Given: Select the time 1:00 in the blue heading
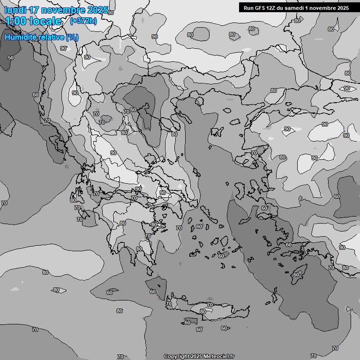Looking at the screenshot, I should [x=15, y=21].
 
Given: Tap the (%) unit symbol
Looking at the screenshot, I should [x=72, y=37].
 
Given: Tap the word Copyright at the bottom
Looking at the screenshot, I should [x=177, y=357].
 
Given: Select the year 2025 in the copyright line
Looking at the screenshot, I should [x=197, y=357].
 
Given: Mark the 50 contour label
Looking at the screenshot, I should [x=11, y=58].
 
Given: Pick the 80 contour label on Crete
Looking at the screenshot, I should [x=203, y=311].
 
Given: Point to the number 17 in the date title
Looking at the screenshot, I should [x=34, y=10].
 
